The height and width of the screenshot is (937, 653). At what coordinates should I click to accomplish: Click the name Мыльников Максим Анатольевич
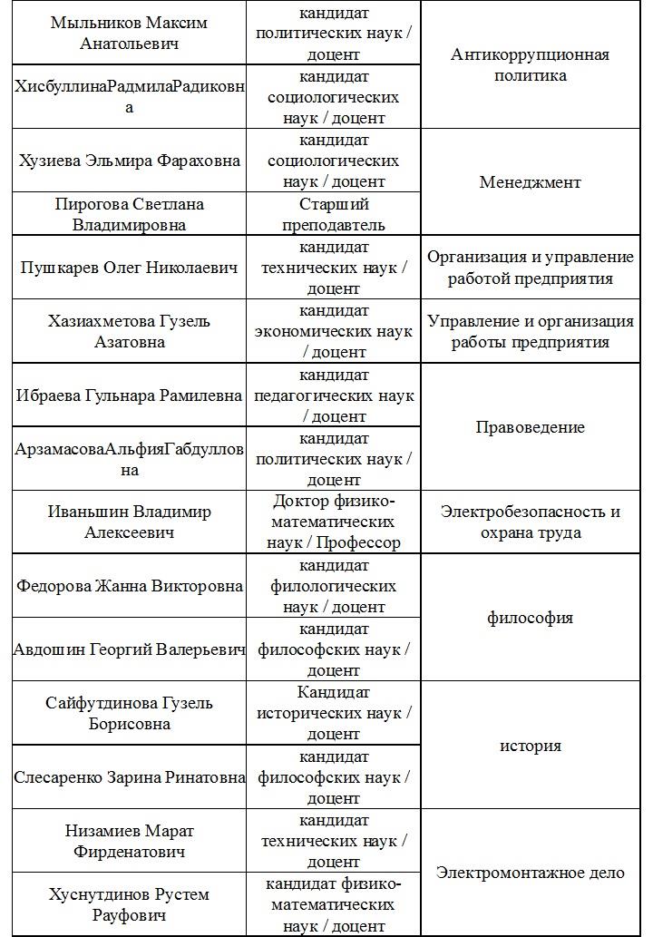pos(129,33)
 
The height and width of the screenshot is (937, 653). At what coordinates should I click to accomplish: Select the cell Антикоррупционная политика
pos(531,65)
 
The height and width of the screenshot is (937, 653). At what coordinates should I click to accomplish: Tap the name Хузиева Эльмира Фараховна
pos(130,161)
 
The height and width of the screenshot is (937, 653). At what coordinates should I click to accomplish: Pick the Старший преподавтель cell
pos(334,214)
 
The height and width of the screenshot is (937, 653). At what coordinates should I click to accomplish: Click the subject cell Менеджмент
pos(531,182)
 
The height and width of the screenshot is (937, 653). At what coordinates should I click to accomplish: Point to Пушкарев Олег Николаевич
pos(130,268)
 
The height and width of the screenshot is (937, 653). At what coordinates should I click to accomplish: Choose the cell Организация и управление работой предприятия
pos(531,268)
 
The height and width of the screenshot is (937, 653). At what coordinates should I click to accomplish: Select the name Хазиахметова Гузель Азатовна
pos(130,332)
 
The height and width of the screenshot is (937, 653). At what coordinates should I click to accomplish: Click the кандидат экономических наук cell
pos(334,332)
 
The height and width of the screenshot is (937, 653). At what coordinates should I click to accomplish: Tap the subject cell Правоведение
pos(531,427)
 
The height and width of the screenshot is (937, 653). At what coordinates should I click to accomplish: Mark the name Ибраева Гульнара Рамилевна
pos(130,395)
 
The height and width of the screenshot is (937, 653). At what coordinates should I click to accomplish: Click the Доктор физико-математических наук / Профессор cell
pos(334,522)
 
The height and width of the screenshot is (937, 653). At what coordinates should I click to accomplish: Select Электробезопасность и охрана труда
pos(531,522)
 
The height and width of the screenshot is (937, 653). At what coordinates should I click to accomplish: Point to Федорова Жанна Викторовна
pos(130,585)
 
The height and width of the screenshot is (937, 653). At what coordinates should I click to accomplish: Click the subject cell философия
pos(531,618)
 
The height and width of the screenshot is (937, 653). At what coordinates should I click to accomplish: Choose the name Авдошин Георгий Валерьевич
pos(130,649)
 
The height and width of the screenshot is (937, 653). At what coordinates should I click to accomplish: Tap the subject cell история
pos(531,746)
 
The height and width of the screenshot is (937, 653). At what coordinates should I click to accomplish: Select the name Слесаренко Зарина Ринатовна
pos(130,777)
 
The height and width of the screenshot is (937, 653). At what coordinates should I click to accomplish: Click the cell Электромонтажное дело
pos(531,873)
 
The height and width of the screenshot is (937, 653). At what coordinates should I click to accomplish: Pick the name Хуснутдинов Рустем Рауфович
pos(130,904)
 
